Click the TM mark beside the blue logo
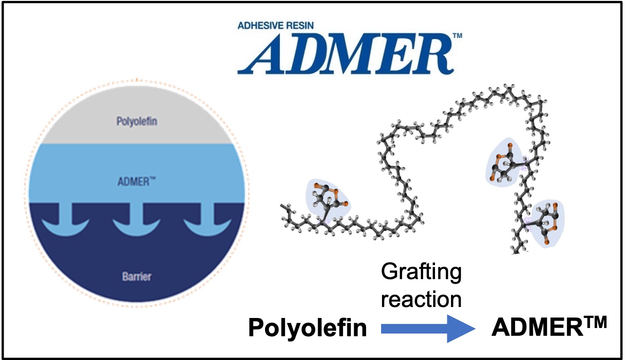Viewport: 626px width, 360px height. pos(456,36)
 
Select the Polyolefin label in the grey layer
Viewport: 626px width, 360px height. pos(136,122)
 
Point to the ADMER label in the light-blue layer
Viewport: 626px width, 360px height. pos(133,181)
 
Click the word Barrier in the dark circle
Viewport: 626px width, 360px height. pos(137,276)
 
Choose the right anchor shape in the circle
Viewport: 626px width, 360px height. pos(207,221)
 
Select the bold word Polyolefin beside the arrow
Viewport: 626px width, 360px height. pos(308,328)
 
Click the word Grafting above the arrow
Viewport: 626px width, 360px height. pos(421,273)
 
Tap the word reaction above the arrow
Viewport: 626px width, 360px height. pos(421,299)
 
